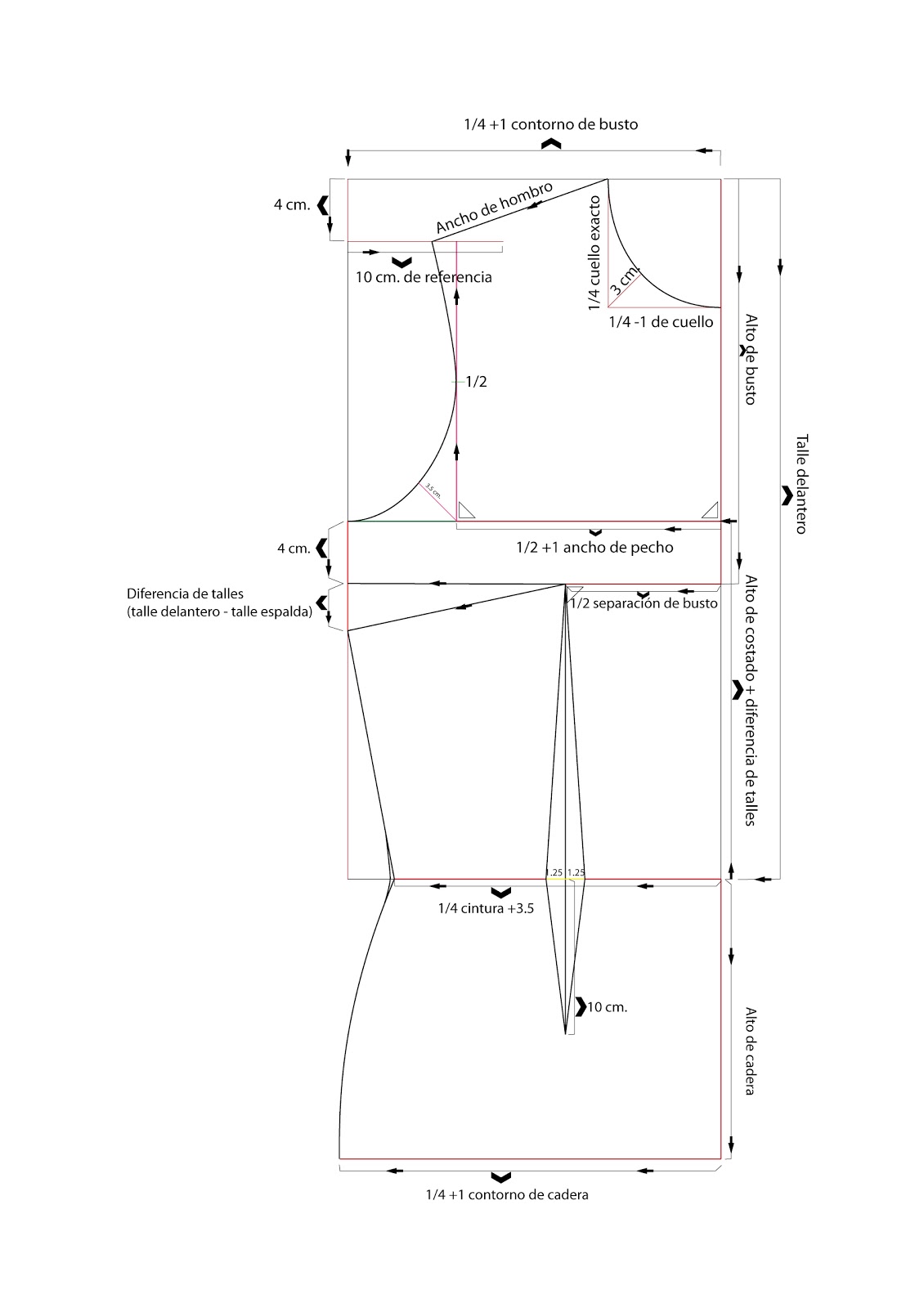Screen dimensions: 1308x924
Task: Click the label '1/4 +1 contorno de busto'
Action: [550, 125]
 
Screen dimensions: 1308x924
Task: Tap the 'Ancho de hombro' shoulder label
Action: [494, 208]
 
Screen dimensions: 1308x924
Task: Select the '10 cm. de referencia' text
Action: [424, 277]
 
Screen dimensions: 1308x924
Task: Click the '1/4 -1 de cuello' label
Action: [661, 322]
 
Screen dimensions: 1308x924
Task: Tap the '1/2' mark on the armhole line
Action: [476, 382]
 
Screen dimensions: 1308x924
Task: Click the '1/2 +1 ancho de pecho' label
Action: [594, 548]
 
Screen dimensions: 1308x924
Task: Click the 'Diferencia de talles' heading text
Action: [185, 594]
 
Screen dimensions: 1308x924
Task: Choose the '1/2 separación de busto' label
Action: [644, 604]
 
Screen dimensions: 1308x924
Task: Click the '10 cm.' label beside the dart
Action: [607, 1007]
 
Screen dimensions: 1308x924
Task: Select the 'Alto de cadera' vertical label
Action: [750, 1050]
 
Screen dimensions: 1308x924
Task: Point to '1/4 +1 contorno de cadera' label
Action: [507, 1194]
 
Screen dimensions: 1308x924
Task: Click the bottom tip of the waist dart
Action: [566, 1034]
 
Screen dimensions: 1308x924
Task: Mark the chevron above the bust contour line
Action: [552, 144]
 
